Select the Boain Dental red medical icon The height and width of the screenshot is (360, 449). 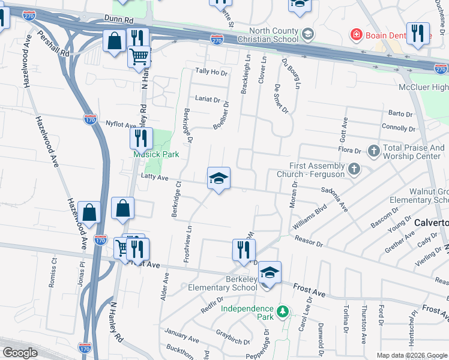[x=356, y=35]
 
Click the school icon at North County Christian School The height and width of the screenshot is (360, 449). [x=309, y=34]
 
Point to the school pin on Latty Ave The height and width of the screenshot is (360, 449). [x=218, y=178]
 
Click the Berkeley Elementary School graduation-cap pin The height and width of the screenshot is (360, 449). [x=270, y=272]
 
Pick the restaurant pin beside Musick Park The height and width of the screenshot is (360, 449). [x=141, y=139]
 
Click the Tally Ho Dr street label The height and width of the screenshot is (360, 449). [x=212, y=72]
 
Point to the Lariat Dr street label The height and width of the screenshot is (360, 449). [x=207, y=100]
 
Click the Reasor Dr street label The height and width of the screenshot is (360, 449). [x=309, y=241]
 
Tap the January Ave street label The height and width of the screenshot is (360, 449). [x=176, y=333]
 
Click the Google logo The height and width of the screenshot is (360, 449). [x=20, y=353]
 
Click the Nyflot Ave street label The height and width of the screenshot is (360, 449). [x=121, y=125]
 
